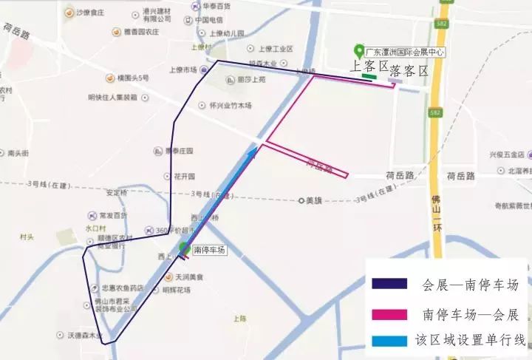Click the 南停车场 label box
point(208,251)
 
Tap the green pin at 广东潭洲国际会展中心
point(359,51)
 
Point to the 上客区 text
point(369,67)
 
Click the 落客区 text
point(409,71)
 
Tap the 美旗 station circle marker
point(301,200)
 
